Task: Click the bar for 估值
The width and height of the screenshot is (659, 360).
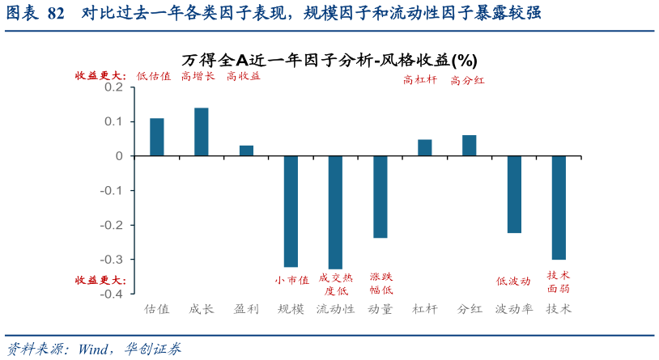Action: [157, 137]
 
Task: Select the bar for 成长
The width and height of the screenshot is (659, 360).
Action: [202, 132]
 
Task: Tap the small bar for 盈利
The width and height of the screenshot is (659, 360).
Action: [246, 150]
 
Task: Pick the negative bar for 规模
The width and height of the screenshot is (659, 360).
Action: [291, 211]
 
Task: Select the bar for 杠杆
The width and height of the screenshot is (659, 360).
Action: [425, 147]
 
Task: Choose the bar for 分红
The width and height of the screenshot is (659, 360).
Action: [470, 146]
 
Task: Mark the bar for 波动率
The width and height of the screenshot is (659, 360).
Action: [514, 194]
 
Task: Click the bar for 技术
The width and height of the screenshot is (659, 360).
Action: [559, 207]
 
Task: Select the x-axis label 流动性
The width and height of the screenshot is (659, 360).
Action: [335, 309]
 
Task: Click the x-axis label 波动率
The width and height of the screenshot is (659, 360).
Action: [514, 309]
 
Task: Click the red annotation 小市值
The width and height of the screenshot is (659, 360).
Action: [291, 281]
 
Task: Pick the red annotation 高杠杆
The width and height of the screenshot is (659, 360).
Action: [420, 80]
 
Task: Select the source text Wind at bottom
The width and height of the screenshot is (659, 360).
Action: [96, 349]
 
